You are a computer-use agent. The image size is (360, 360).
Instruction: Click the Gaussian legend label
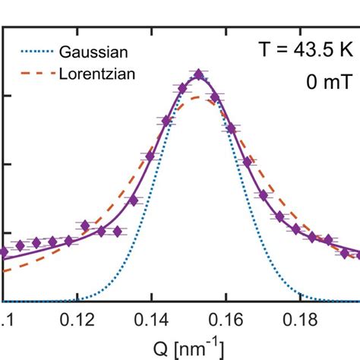(95, 52)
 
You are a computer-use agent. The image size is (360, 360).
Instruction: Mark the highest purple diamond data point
(198, 74)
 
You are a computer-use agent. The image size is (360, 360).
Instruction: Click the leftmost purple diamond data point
(4, 251)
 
